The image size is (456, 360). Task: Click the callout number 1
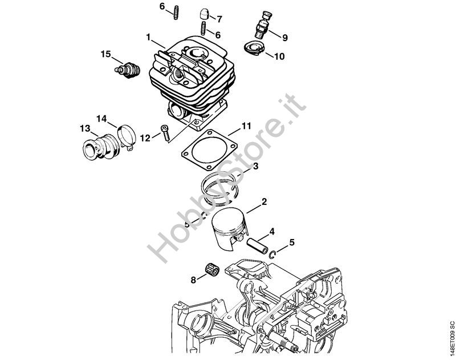(x=148, y=37)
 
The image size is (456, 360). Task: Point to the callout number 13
(x=84, y=128)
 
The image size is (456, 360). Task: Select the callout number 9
(x=285, y=38)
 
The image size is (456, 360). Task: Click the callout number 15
(x=105, y=54)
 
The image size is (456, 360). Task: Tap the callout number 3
(x=256, y=166)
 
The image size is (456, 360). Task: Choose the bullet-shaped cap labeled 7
(x=203, y=13)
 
